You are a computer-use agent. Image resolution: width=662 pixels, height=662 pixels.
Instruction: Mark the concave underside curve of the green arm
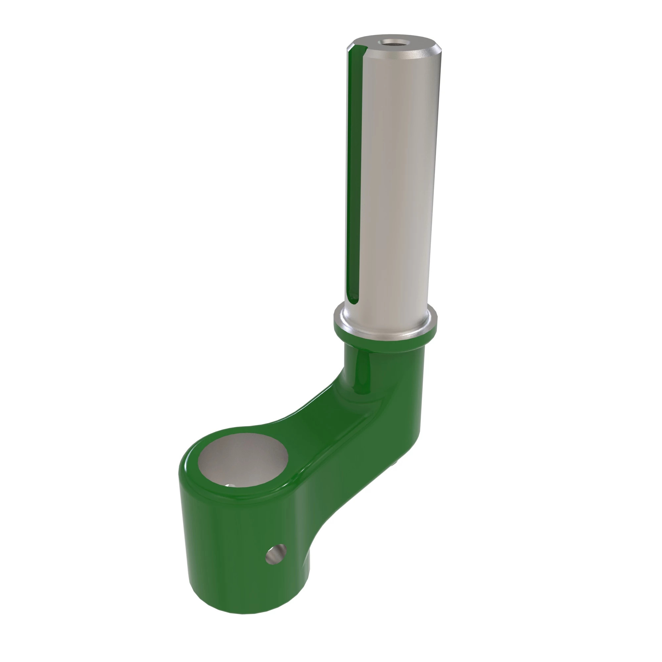(329, 524)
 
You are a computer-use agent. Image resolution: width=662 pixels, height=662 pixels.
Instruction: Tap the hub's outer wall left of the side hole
(219, 555)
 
